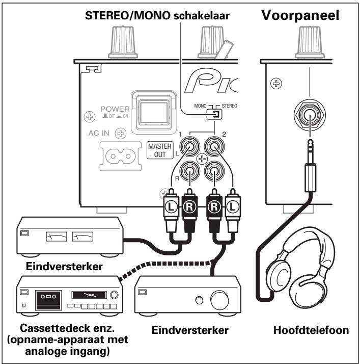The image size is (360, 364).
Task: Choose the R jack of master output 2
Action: [x=214, y=170]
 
